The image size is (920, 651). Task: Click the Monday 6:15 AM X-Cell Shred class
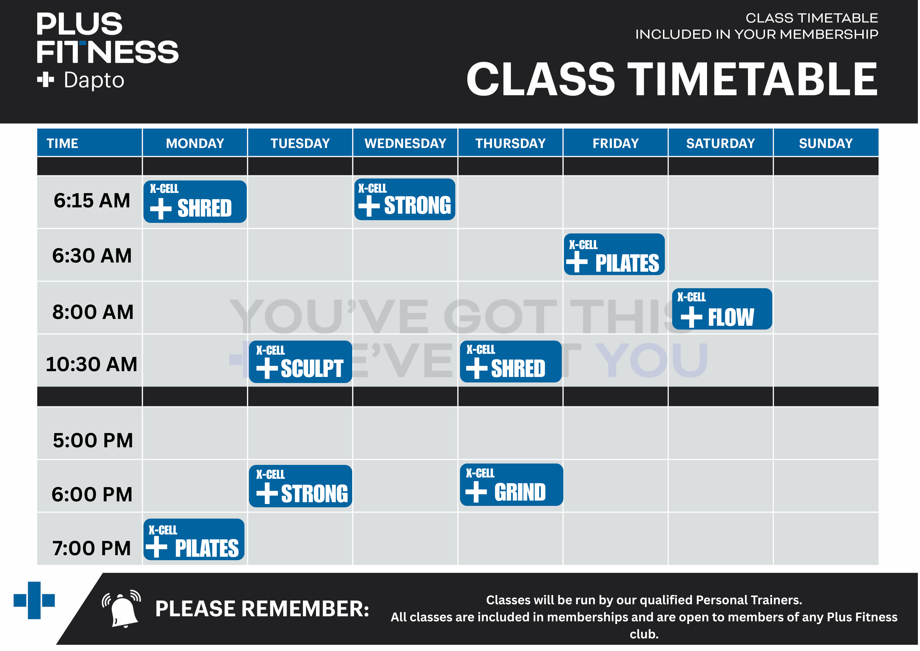pos(195,202)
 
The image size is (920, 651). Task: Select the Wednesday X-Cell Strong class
pos(405,199)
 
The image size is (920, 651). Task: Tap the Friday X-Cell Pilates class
pos(614,254)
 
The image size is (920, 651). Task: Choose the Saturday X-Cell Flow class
pos(722,309)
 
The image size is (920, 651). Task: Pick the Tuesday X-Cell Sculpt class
pos(301,362)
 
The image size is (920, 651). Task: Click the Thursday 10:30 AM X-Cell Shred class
pos(511,361)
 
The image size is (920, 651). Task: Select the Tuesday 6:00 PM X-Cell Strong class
pos(301,486)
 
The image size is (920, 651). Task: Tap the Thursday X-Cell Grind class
pos(512,485)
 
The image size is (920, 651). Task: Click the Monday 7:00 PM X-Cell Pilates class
pos(194,539)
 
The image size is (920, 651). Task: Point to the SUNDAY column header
pos(826,143)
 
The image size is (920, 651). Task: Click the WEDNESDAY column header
pos(405,143)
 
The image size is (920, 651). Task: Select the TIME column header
pos(62,143)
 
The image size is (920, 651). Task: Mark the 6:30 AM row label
pos(92,255)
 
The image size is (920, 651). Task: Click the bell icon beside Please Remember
pos(121,608)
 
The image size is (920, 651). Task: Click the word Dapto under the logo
pos(94,80)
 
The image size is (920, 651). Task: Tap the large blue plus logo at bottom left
pos(34,600)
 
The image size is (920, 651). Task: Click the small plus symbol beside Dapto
pos(45,80)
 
